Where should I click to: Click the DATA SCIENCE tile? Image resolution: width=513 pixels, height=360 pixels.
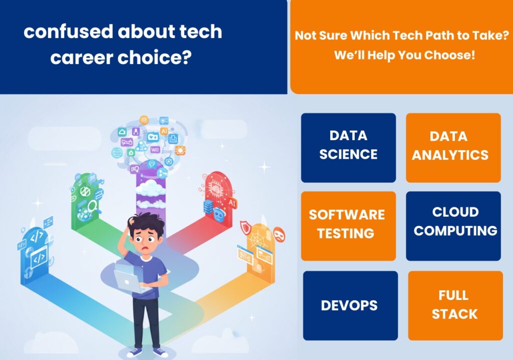tap(349, 148)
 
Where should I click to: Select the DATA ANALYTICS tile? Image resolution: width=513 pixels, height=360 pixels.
tap(453, 148)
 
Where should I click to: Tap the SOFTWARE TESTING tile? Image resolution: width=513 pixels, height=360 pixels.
tap(349, 226)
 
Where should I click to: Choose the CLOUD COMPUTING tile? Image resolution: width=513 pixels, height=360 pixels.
tap(453, 226)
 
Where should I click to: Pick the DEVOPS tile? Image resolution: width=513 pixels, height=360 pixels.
tap(350, 305)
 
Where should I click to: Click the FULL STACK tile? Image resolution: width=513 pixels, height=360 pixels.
tap(455, 305)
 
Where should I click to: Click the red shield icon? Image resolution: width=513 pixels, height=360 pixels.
tap(245, 228)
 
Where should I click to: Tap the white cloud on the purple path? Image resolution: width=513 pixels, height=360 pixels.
tap(150, 188)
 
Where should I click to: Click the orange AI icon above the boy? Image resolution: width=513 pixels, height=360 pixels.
tap(164, 131)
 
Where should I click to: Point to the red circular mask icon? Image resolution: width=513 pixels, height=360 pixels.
tap(279, 234)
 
